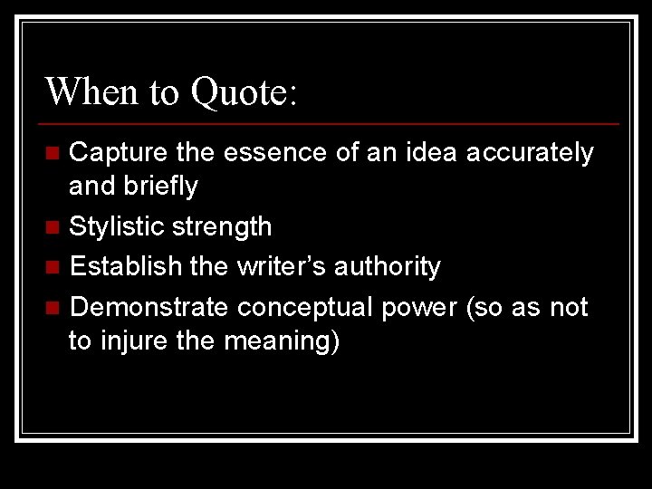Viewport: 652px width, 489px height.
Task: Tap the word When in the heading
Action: tap(87, 91)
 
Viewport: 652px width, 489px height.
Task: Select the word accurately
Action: tap(530, 153)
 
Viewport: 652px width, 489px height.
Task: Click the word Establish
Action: tap(121, 267)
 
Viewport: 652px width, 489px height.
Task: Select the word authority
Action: tap(388, 267)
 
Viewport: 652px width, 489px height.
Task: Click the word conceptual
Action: tap(305, 308)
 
